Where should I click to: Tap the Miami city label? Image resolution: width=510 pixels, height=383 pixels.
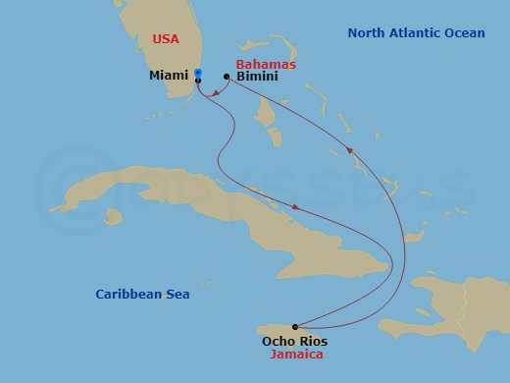tap(170, 76)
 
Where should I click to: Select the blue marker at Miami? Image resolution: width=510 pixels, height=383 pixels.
tap(198, 73)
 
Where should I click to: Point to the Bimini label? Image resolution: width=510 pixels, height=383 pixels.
tap(256, 76)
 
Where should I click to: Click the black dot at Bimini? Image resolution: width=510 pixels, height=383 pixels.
tap(227, 77)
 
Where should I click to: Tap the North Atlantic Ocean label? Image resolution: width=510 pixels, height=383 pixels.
tap(416, 33)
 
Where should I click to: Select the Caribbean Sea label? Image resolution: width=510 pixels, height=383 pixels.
tap(142, 294)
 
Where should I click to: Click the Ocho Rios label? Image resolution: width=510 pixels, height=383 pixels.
tap(294, 341)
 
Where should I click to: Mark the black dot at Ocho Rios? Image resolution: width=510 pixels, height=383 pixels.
tap(294, 327)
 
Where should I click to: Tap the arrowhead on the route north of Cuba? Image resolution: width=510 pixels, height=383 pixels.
tap(295, 207)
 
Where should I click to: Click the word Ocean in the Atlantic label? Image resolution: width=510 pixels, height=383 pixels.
tap(463, 33)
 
